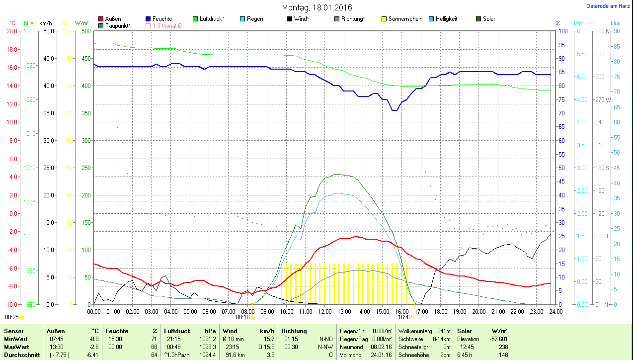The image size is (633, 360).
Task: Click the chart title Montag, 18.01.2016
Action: (316, 7)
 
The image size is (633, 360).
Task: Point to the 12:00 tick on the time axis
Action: (324, 311)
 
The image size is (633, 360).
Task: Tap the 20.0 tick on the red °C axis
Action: (11, 31)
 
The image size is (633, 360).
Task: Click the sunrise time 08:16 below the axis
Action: (242, 317)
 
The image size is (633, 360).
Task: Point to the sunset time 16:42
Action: (404, 317)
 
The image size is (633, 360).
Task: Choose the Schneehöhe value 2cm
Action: (445, 355)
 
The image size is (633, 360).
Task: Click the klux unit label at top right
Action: (615, 23)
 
